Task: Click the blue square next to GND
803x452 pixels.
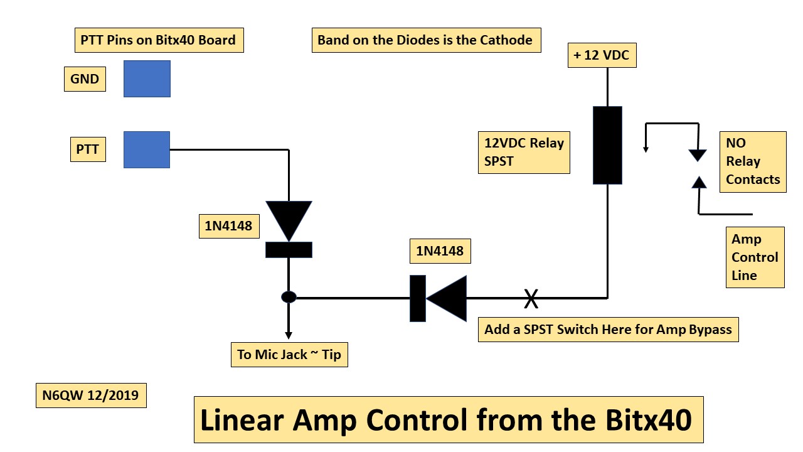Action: point(147,78)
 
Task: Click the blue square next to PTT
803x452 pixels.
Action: point(147,149)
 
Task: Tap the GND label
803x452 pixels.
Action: point(85,79)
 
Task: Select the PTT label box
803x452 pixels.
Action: point(88,150)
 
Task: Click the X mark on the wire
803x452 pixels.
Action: point(531,298)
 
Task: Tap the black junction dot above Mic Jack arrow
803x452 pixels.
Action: point(289,297)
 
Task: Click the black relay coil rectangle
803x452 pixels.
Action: point(607,145)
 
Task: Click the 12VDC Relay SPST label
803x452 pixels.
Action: point(524,152)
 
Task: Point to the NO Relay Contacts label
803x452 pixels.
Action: point(753,161)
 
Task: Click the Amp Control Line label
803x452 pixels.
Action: point(755,257)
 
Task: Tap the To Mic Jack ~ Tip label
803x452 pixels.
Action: point(289,355)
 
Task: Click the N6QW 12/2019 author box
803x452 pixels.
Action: point(91,395)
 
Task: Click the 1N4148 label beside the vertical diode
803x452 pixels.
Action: point(228,226)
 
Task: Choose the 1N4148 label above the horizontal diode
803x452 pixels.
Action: point(440,251)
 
